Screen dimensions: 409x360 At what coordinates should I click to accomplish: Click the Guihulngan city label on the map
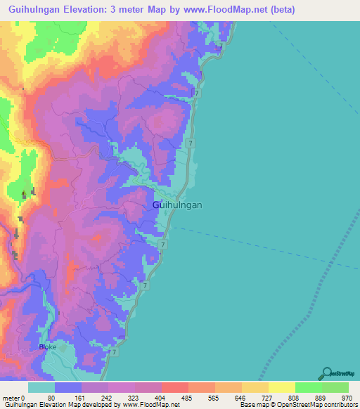point(177,204)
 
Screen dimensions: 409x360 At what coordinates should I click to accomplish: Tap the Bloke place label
point(48,346)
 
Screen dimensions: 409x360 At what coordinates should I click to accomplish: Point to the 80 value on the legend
point(51,398)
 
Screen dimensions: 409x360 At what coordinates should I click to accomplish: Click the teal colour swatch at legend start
point(41,387)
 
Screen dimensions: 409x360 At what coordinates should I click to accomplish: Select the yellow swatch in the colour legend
point(282,387)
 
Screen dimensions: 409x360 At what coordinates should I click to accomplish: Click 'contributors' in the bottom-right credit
point(341,405)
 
